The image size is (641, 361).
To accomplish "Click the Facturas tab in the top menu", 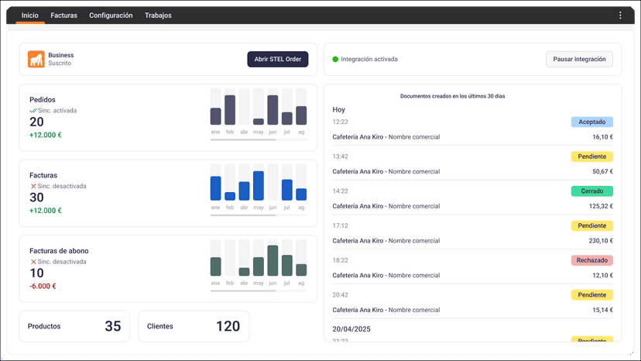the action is pos(63,15).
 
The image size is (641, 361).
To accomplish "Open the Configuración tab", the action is pos(111,15).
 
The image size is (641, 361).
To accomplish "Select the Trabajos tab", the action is pos(158,15).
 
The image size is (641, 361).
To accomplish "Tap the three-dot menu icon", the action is pos(620,15).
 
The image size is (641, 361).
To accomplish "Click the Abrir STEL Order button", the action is pos(278,59).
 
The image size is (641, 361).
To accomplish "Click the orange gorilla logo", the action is pos(36,59).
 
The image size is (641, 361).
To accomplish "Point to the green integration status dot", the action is pos(335,60).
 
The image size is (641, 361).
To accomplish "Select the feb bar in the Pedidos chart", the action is pos(230,110).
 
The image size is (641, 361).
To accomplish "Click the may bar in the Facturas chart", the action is pos(259,186).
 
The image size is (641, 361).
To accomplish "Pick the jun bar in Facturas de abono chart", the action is pos(273,260).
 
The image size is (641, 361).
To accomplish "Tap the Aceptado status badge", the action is pos(592,122).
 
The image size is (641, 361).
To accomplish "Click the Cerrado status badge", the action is pos(592,191).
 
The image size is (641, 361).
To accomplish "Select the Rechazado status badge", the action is pos(592,260).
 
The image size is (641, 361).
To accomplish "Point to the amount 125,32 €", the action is pos(601,206).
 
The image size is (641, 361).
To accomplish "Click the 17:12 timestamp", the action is pos(340,225).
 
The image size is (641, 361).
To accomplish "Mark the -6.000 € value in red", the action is pos(43,286).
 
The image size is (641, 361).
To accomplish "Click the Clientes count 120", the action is pos(228,326).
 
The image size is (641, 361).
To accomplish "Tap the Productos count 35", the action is pos(113,326).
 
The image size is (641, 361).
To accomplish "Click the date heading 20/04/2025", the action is pos(351,329).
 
